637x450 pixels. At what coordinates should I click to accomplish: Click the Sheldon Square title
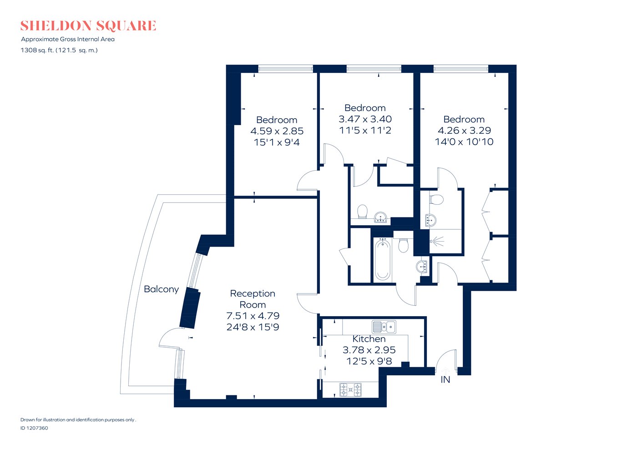coord(88,25)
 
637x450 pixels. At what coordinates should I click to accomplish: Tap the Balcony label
coord(161,289)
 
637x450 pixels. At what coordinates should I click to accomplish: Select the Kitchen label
coord(369,339)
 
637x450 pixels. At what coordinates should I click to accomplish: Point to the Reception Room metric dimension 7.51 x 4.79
coord(253,316)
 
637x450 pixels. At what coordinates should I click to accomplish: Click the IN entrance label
coord(445,379)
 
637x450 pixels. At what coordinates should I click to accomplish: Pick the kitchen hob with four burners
coord(351,389)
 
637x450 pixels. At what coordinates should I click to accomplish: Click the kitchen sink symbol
coord(384,327)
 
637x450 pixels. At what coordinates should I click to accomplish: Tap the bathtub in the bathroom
coord(383,260)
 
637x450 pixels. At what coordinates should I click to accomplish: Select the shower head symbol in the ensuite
coord(438,241)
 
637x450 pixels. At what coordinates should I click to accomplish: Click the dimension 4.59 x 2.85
coord(277,131)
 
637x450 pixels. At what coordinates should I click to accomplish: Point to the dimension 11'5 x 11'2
coord(365,130)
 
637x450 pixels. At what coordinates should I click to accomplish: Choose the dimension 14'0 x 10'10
coord(464,142)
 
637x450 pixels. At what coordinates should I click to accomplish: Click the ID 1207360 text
coord(34,428)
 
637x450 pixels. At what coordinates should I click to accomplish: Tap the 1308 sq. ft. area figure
coord(37,51)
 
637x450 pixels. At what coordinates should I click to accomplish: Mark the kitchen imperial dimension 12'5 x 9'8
coord(369,361)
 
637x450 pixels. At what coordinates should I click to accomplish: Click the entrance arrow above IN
coord(445,371)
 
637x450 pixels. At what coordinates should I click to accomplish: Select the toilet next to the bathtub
coord(403,246)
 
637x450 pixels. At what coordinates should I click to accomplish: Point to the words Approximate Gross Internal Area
coord(68,39)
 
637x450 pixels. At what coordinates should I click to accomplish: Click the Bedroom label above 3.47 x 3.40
coord(365,108)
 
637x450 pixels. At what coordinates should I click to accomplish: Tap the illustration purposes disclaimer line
coord(78,420)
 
